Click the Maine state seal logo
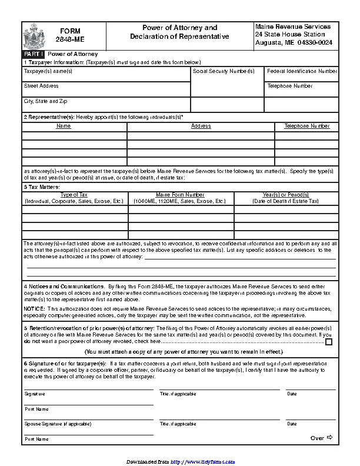pos(32,37)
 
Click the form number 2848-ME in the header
pos(70,40)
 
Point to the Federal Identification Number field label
pos(302,71)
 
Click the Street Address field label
pos(41,86)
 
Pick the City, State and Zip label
pos(45,101)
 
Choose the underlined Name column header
pos(64,126)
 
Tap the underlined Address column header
pos(201,126)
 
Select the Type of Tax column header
pos(74,194)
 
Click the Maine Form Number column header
pos(180,194)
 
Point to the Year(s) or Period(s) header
pos(285,194)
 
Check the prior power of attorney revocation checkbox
pos(329,341)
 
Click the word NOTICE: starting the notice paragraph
pos(34,308)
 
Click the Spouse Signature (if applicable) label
pos(58,424)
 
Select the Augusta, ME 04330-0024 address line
pos(292,42)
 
